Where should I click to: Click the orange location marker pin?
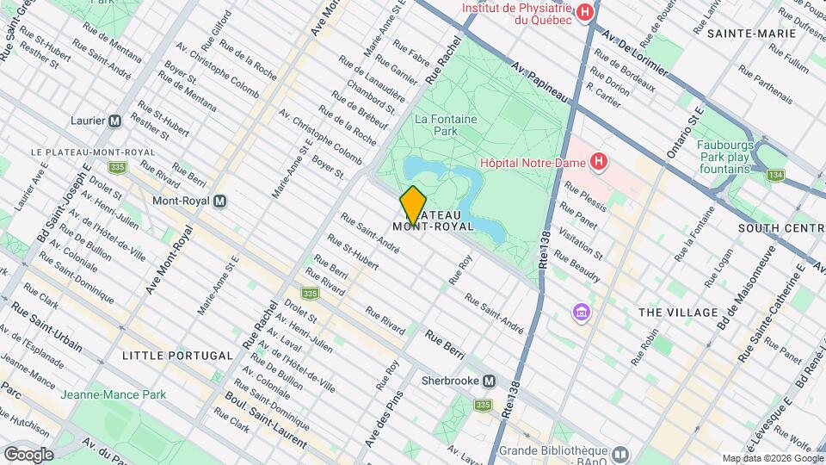tap(413, 205)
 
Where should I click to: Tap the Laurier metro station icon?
tap(114, 121)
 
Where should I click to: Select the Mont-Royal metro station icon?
tap(220, 201)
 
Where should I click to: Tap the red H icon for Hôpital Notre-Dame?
tap(599, 161)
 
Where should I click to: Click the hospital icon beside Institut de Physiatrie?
tap(585, 12)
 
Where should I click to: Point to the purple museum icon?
tap(582, 310)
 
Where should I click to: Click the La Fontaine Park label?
tap(447, 126)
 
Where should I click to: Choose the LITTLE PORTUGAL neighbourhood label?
tap(177, 355)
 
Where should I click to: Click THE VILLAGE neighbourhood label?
tap(678, 312)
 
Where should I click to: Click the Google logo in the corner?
tap(28, 454)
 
